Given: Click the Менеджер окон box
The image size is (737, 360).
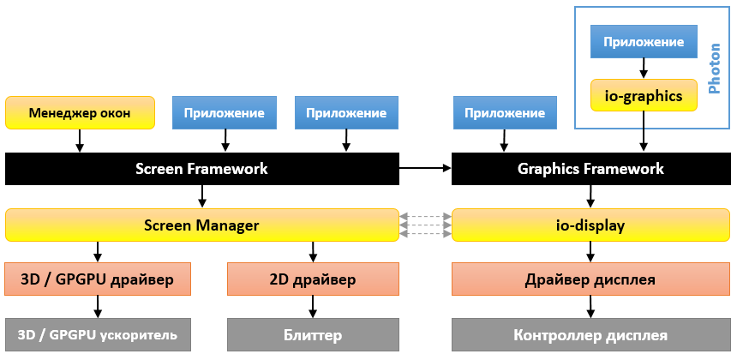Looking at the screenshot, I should (x=80, y=113).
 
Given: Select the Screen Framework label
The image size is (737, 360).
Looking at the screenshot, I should (x=201, y=169).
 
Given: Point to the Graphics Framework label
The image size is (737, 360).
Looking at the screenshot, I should (x=590, y=169).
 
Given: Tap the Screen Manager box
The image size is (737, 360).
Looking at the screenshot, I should (x=201, y=225).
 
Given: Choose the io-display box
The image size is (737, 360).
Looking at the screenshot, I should (x=590, y=225).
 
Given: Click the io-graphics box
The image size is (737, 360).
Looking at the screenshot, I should (x=644, y=96).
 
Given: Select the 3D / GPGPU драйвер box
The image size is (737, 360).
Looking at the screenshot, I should (x=97, y=279).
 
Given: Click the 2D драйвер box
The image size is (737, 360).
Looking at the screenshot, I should (x=313, y=279).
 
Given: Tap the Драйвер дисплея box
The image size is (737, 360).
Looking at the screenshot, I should (x=590, y=279).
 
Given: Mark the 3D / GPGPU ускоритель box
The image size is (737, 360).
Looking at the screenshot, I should (x=97, y=333).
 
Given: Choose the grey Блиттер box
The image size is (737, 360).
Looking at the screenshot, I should (x=313, y=333).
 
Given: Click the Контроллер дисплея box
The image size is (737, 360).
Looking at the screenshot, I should (x=590, y=333).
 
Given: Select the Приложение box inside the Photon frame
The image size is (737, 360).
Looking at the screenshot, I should (x=644, y=42).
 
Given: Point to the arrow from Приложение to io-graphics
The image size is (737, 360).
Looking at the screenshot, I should (x=644, y=69).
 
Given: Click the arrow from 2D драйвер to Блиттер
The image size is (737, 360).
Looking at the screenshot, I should (x=313, y=307).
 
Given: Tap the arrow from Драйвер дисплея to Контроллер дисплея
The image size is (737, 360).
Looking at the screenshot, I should (x=590, y=307).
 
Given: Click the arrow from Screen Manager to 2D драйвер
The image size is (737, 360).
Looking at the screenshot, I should (x=313, y=251).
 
